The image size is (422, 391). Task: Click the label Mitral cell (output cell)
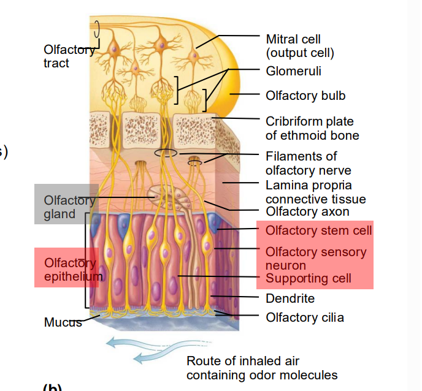click(300, 46)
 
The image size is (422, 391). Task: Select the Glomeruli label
click(293, 71)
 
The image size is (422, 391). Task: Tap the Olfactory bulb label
click(305, 96)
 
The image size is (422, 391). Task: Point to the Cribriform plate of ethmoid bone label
click(312, 128)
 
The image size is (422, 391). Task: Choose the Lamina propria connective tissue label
click(315, 192)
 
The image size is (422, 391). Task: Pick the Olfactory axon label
click(307, 212)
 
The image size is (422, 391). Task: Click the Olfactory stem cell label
click(318, 230)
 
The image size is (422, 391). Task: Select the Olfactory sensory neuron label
click(315, 258)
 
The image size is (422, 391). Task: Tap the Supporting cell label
click(308, 279)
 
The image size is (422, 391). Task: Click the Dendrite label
click(290, 298)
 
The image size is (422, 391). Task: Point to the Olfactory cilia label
click(304, 317)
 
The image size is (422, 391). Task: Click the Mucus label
click(63, 322)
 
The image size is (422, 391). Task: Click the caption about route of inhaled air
click(261, 368)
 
